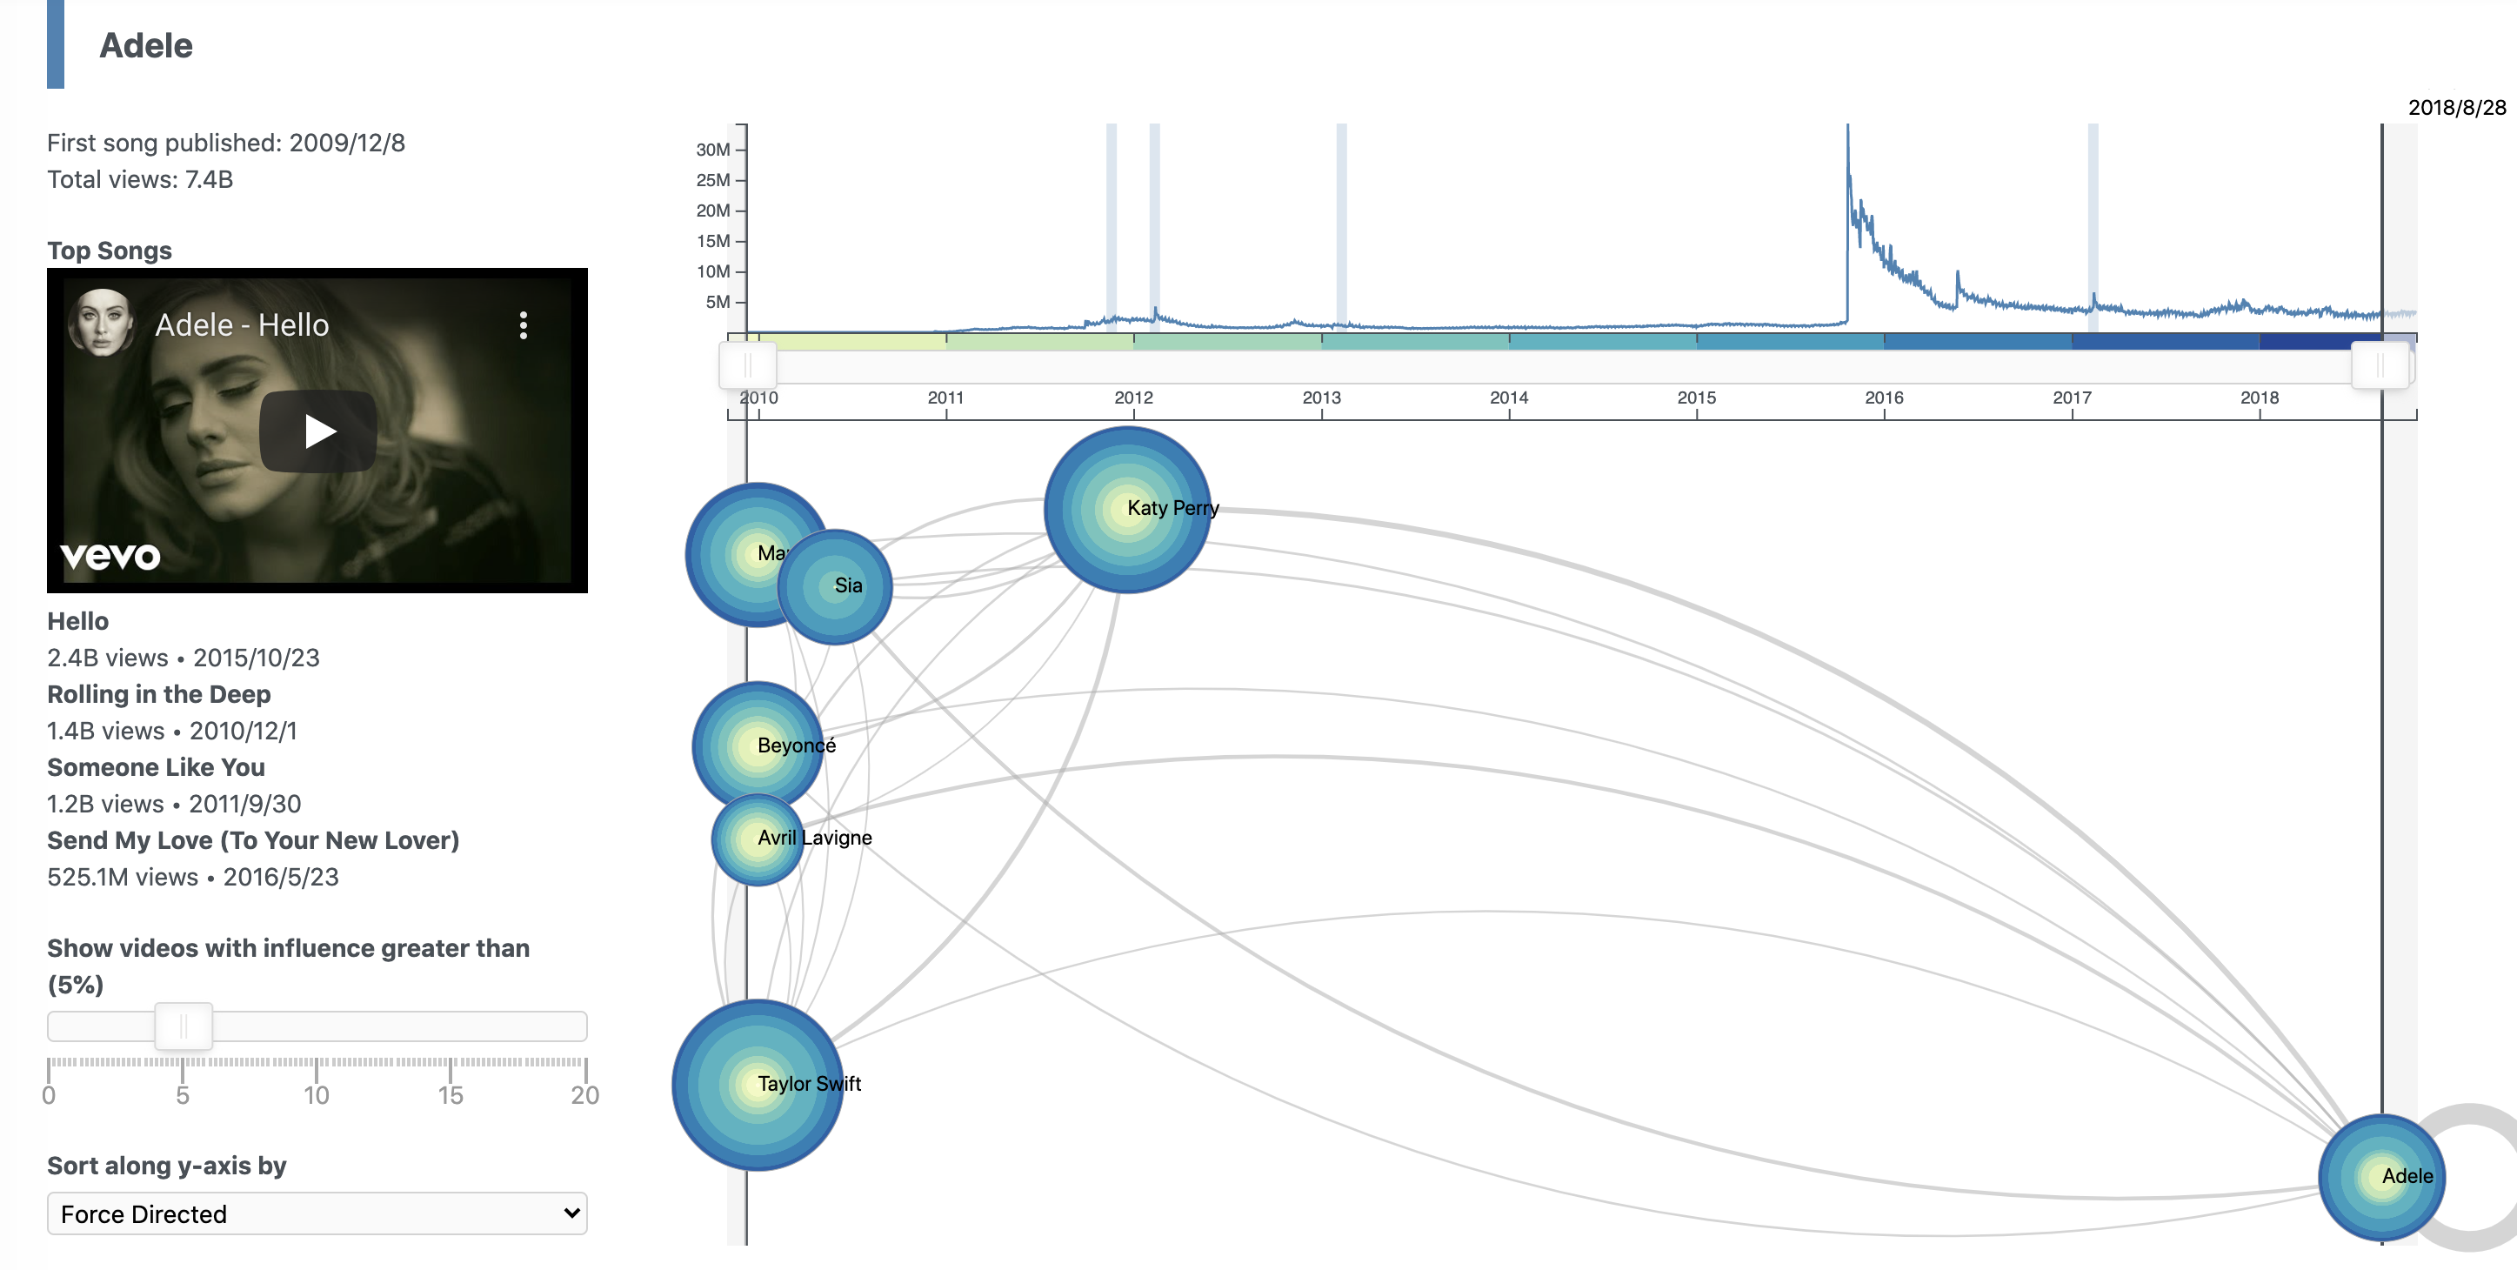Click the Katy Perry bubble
pos(1126,509)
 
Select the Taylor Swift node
pos(758,1085)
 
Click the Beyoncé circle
pos(758,746)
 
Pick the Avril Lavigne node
pos(758,839)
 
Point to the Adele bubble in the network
pos(2381,1177)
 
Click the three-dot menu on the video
pos(524,325)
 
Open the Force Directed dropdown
pos(317,1213)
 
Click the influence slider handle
pos(183,1026)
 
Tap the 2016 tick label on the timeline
pos(1884,398)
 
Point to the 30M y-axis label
pos(712,150)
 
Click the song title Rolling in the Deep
pos(158,695)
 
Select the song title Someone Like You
pos(156,768)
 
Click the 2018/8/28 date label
pos(2456,108)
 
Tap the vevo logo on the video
pos(110,556)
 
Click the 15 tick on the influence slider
pos(451,1094)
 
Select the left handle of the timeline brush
pos(747,366)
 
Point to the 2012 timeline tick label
pos(1133,398)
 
